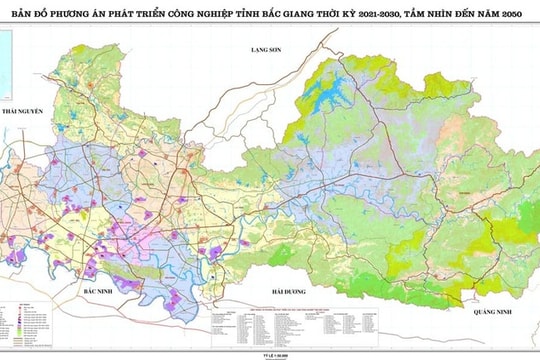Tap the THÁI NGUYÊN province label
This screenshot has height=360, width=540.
point(24,112)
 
